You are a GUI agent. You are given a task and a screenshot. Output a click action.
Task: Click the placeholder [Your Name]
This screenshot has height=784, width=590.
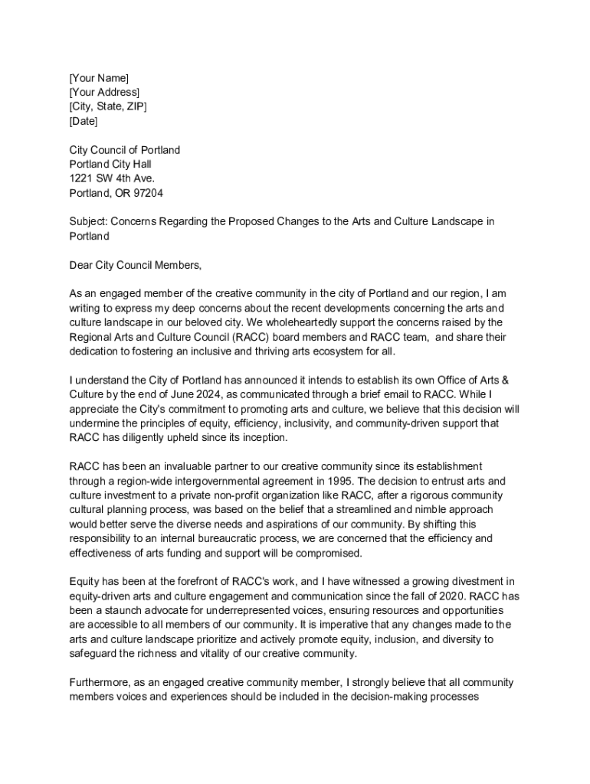pos(99,78)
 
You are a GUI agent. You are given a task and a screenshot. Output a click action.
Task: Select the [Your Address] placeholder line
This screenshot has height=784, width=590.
pos(104,93)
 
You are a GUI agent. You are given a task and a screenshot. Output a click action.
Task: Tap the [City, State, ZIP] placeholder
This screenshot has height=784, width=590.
pos(108,106)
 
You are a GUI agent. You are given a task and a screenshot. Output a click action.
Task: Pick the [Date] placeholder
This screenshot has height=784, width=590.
pos(84,121)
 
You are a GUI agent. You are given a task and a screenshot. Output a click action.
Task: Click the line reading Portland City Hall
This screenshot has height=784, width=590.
pos(110,165)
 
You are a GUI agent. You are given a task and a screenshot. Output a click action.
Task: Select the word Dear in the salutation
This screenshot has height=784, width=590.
pos(80,265)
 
